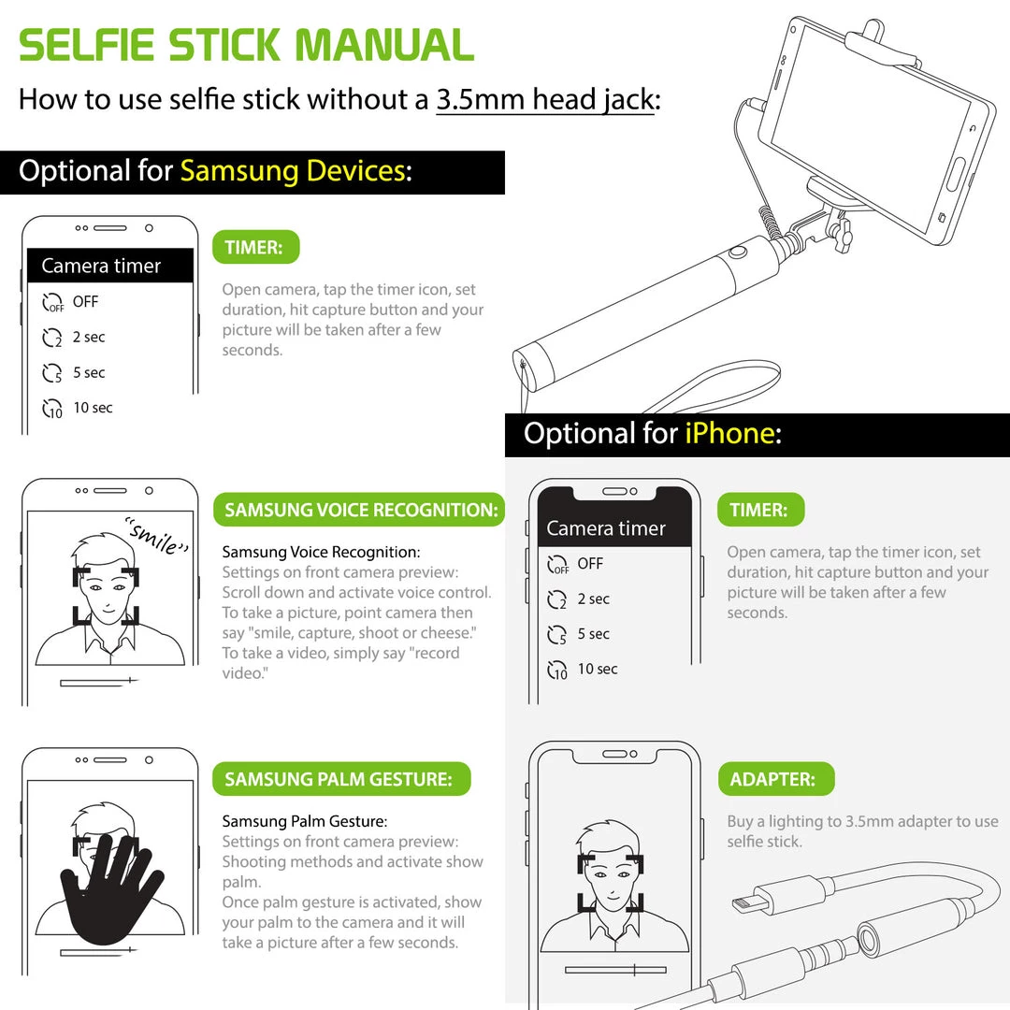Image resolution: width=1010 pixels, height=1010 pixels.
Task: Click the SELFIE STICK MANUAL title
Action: coord(246,45)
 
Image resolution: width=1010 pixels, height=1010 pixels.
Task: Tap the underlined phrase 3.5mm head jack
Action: coord(545,100)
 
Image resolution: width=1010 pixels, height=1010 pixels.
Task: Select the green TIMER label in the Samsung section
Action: coord(255,247)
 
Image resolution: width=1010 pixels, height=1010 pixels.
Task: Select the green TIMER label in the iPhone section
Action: coord(760,510)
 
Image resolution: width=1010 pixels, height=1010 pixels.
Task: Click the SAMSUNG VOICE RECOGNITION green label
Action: coord(359,510)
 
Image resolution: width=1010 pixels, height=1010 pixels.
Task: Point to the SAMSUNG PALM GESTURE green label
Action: coord(341,779)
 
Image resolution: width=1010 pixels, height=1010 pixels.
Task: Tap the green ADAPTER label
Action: coord(776,779)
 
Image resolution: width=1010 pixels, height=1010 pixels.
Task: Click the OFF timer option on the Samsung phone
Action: coord(70,301)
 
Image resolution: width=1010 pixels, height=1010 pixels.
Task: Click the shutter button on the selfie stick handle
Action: coord(738,252)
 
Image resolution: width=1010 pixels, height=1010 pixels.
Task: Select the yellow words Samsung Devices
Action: coord(293,171)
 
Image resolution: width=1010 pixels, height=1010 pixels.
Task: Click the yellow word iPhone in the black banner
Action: coord(729,434)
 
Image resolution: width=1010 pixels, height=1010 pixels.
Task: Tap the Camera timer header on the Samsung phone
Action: coord(101,266)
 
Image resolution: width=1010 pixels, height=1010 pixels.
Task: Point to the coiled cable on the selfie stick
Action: coord(771,223)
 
